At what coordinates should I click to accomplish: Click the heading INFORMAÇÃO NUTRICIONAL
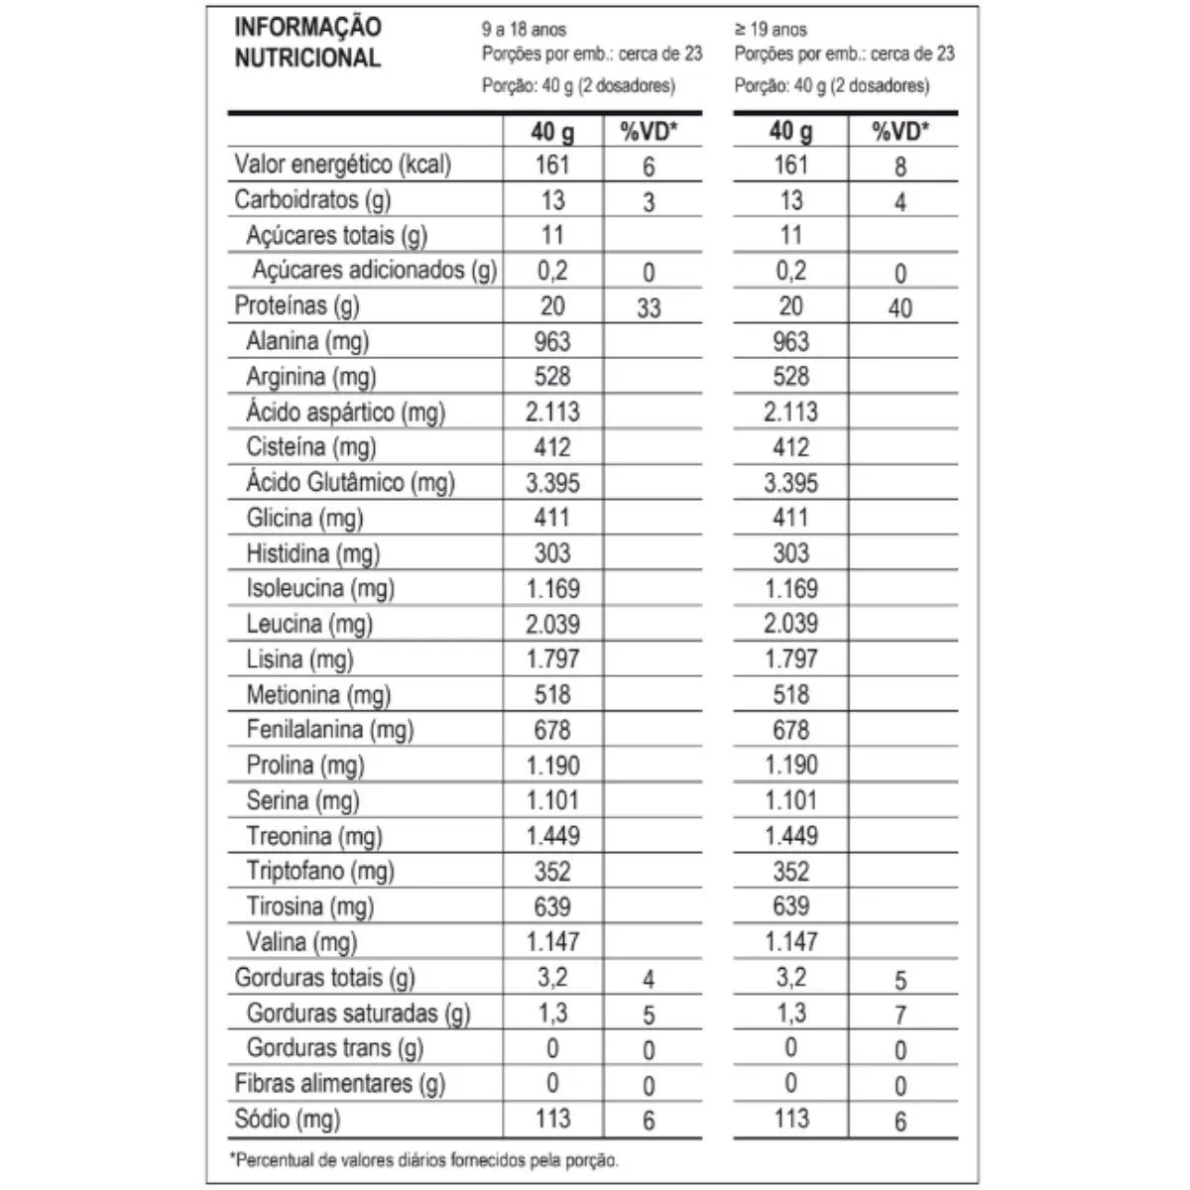tap(307, 43)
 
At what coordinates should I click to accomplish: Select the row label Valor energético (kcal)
tap(342, 165)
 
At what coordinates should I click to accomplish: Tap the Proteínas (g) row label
tap(297, 305)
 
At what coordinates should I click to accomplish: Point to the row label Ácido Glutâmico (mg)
tap(350, 483)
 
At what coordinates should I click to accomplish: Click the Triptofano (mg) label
tap(320, 872)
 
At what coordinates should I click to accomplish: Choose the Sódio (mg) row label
tap(287, 1120)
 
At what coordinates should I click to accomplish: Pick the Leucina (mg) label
tap(309, 624)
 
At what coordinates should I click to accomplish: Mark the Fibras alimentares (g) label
tap(340, 1084)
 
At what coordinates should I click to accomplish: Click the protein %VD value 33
tap(649, 308)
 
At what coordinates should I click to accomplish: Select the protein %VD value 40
tap(899, 308)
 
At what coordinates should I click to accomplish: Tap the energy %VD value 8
tap(899, 167)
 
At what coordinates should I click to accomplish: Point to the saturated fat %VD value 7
tap(899, 1015)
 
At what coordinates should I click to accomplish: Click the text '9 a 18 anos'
tap(524, 30)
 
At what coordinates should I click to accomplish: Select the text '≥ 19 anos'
tap(771, 30)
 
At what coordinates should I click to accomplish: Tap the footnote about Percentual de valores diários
tap(423, 1159)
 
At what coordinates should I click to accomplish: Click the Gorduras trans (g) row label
tap(334, 1048)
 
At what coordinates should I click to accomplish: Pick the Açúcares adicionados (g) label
tap(374, 270)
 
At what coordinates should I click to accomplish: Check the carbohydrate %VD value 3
tap(649, 202)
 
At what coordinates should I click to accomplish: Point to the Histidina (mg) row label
tap(312, 553)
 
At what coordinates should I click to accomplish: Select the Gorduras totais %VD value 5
tap(899, 981)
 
